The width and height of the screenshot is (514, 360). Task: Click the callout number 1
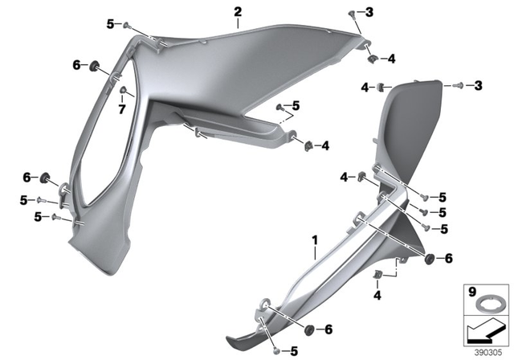click(x=316, y=239)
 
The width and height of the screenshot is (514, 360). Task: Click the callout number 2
click(x=238, y=12)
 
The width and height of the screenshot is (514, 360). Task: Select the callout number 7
click(x=123, y=108)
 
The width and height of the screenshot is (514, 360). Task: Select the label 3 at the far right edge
click(x=478, y=84)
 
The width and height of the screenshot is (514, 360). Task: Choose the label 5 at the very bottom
click(x=294, y=350)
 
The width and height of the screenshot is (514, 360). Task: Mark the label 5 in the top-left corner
click(x=110, y=24)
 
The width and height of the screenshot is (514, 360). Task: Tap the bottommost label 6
click(x=328, y=329)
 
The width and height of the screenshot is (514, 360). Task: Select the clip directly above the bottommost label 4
click(x=377, y=277)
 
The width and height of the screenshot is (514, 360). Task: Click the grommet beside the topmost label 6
click(x=93, y=65)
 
